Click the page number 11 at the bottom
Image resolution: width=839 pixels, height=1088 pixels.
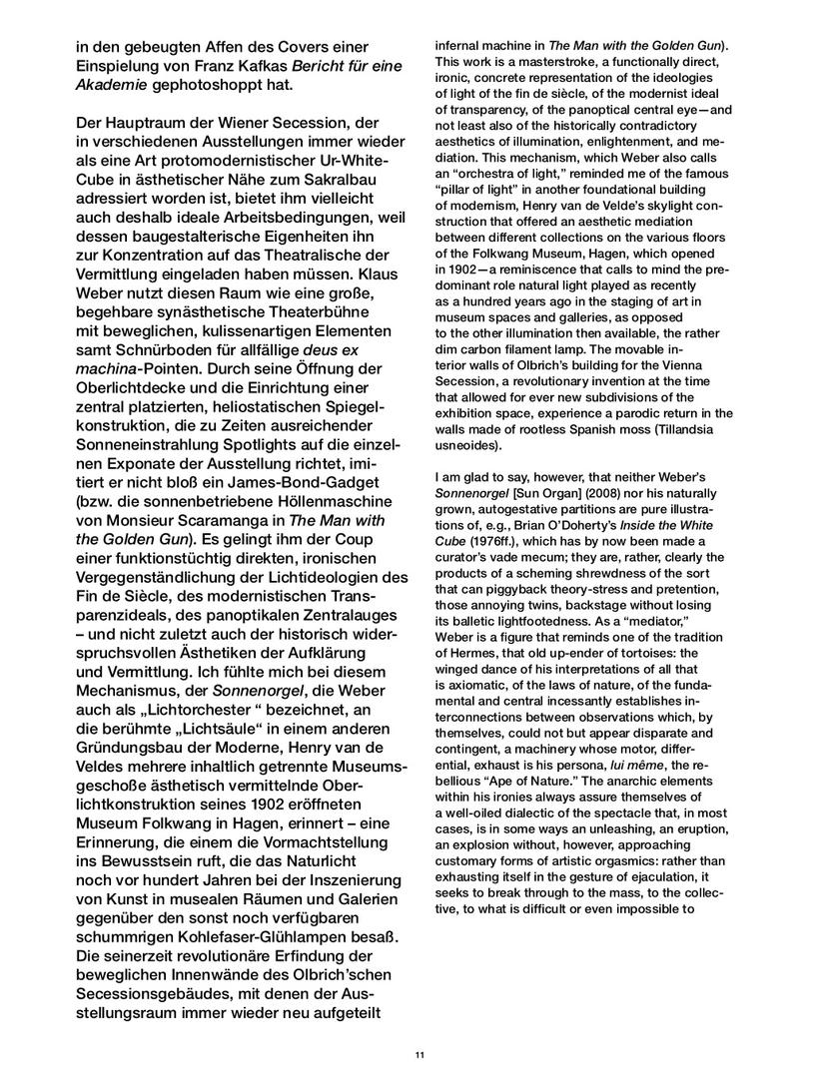pos(419,1055)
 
